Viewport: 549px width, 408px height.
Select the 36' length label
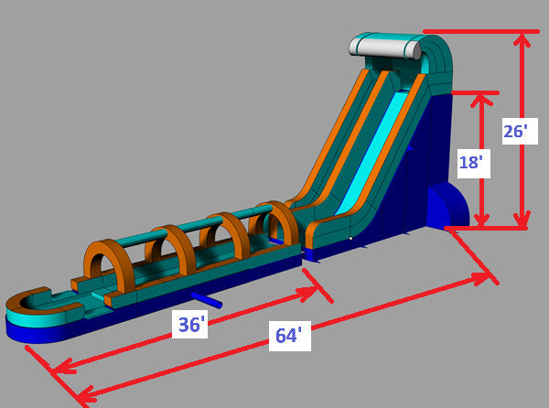point(189,325)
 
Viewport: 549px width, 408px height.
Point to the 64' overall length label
point(289,336)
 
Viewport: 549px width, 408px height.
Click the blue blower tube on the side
point(207,300)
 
